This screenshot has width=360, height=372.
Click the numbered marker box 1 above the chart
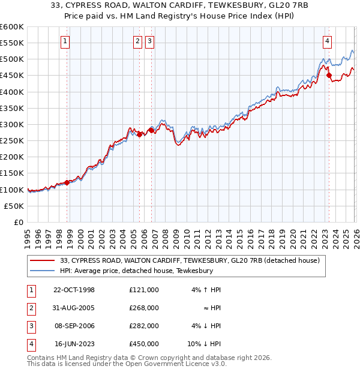point(65,41)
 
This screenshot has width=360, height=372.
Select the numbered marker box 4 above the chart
point(327,41)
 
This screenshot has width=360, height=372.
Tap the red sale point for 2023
point(329,76)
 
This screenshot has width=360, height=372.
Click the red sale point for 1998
point(67,183)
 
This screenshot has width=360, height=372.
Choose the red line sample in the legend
point(43,260)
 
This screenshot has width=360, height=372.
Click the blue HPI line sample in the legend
point(43,271)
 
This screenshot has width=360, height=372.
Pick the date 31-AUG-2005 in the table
point(74,308)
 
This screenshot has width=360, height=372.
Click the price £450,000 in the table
point(144,344)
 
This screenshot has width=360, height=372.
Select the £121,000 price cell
point(144,290)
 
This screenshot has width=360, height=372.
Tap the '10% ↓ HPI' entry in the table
point(205,344)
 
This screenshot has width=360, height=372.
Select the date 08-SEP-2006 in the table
point(74,326)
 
